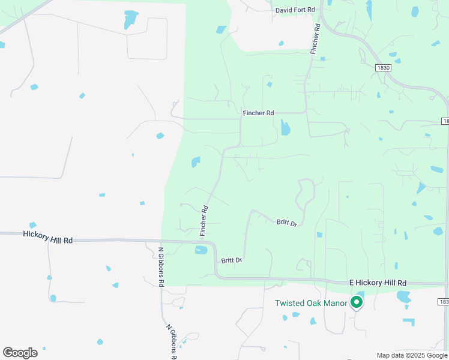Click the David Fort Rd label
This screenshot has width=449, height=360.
coord(295,10)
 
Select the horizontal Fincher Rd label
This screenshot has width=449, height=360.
coord(258,113)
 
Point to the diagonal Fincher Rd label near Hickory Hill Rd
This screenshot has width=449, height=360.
coord(203,220)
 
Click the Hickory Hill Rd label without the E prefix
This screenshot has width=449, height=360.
coord(48,236)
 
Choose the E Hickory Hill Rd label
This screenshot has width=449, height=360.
coord(378,283)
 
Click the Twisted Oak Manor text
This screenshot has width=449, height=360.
coord(311,303)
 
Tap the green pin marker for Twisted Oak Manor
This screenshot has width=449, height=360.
coord(357,302)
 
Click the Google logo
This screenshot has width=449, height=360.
coord(20,353)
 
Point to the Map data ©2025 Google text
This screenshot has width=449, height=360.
coord(412,355)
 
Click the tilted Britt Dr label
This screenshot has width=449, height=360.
coord(287,223)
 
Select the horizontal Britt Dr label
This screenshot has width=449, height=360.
coord(231,260)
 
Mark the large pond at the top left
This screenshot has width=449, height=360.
coord(130,20)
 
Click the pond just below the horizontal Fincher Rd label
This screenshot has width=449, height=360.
coord(285,128)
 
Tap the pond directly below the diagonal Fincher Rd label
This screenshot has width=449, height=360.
coord(201,250)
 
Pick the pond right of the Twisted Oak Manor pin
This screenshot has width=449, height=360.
coord(403,296)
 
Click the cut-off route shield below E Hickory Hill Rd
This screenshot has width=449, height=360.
coord(444,302)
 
